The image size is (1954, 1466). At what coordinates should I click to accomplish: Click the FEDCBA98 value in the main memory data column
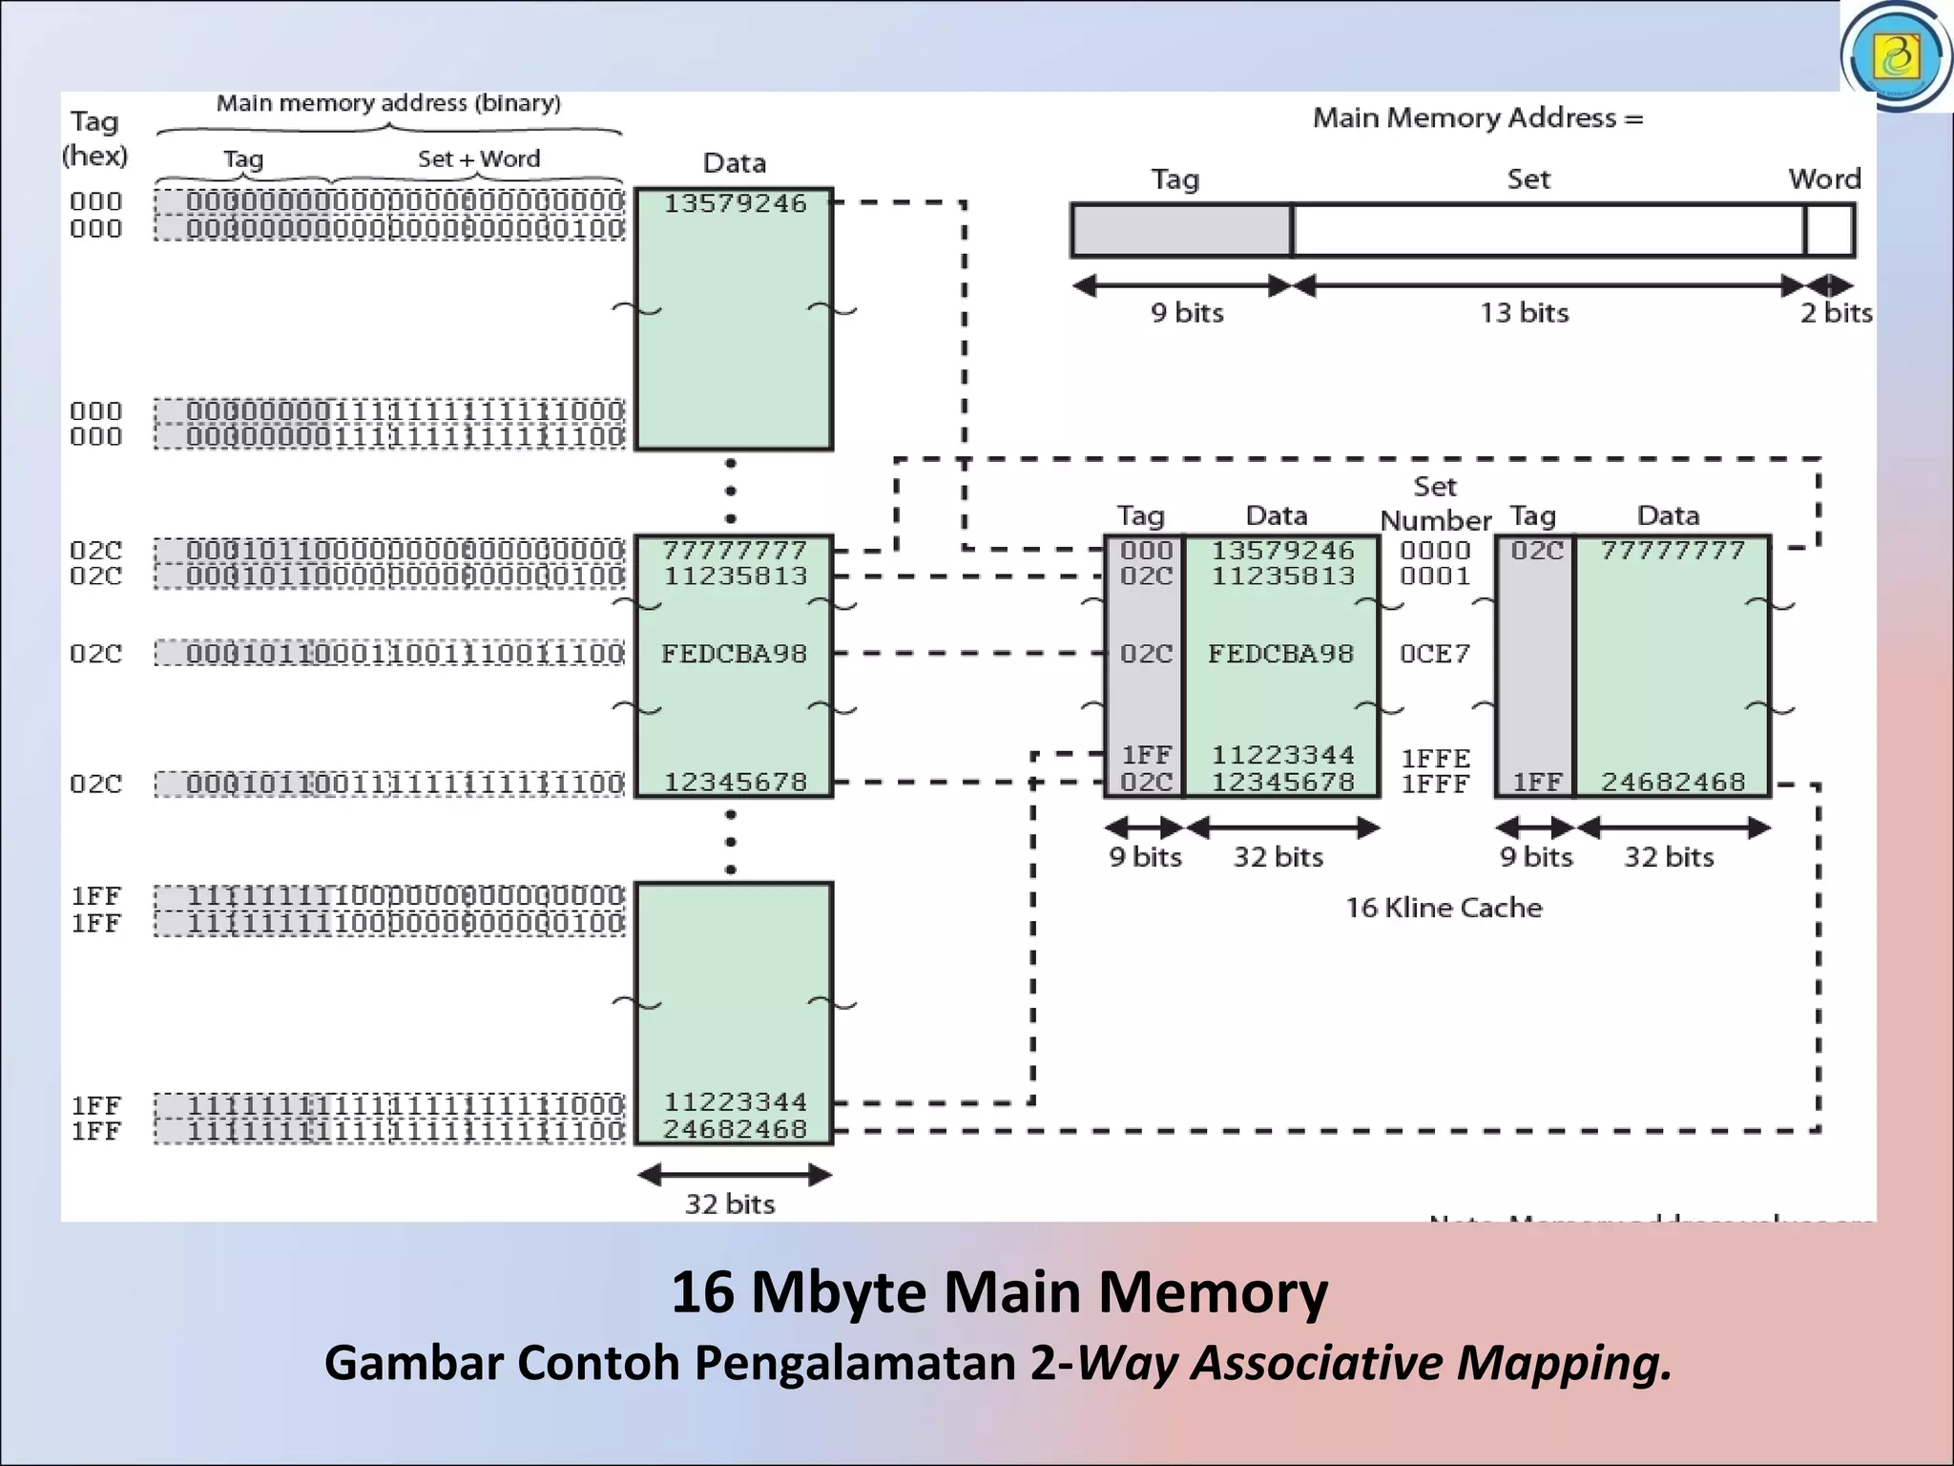[x=734, y=654]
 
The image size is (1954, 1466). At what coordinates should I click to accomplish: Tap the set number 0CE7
[x=1434, y=654]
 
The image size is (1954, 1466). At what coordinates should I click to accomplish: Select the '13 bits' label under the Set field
[x=1524, y=313]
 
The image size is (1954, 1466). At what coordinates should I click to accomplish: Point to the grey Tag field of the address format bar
[x=1181, y=231]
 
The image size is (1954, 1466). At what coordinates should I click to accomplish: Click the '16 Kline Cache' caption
[x=1443, y=908]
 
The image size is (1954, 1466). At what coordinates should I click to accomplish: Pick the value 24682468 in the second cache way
[x=1673, y=783]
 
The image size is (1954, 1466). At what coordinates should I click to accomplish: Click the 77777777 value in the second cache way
[x=1673, y=551]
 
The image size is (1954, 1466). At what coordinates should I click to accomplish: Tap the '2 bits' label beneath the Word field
[x=1836, y=313]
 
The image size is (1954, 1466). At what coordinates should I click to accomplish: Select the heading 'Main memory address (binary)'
[x=388, y=103]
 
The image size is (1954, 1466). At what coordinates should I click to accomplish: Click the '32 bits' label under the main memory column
[x=730, y=1204]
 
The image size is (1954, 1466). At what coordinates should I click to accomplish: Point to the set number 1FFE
[x=1434, y=759]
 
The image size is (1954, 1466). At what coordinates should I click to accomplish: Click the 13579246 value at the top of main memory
[x=735, y=203]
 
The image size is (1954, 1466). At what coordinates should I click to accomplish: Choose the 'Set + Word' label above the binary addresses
[x=478, y=159]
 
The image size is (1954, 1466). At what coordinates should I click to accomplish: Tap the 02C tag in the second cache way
[x=1536, y=551]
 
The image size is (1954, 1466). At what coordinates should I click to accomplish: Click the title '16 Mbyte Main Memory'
[x=999, y=1292]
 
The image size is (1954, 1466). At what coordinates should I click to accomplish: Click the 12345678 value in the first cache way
[x=1282, y=783]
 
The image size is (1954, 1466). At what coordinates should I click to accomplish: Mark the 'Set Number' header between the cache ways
[x=1434, y=504]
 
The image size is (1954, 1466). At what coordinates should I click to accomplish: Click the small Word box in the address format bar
[x=1829, y=231]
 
